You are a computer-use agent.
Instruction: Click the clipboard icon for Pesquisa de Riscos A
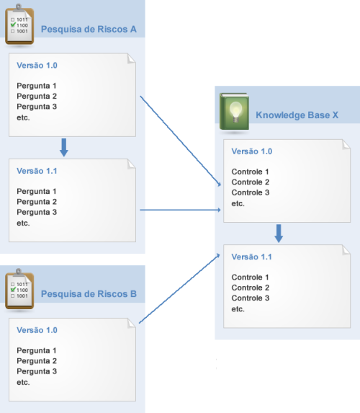pyautogui.click(x=19, y=25)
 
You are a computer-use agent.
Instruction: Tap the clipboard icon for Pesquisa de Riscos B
pyautogui.click(x=19, y=289)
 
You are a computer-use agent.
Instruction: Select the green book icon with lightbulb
pyautogui.click(x=234, y=112)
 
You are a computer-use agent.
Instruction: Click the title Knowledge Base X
pyautogui.click(x=297, y=115)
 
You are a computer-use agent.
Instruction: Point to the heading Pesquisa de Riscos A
pyautogui.click(x=89, y=29)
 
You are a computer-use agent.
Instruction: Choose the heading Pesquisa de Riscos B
pyautogui.click(x=89, y=293)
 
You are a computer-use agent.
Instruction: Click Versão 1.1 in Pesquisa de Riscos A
pyautogui.click(x=37, y=171)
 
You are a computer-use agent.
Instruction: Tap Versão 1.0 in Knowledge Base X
pyautogui.click(x=251, y=151)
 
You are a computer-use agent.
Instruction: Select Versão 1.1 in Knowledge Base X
pyautogui.click(x=251, y=257)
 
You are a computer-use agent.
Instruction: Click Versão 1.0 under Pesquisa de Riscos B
pyautogui.click(x=37, y=330)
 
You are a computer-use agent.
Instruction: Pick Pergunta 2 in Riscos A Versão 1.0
pyautogui.click(x=37, y=97)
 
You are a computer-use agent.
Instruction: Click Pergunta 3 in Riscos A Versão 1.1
pyautogui.click(x=37, y=213)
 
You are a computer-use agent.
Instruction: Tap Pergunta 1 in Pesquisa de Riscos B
pyautogui.click(x=36, y=350)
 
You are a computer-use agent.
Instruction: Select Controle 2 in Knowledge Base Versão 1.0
pyautogui.click(x=251, y=182)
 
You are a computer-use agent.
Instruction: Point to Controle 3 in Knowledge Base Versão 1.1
pyautogui.click(x=251, y=298)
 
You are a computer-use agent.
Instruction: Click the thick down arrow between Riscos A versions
pyautogui.click(x=64, y=148)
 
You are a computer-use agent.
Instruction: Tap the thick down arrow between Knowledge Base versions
pyautogui.click(x=279, y=234)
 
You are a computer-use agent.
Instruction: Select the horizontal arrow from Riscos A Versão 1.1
pyautogui.click(x=180, y=210)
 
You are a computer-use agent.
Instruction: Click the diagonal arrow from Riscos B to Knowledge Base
pyautogui.click(x=179, y=288)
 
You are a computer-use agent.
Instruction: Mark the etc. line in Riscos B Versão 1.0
pyautogui.click(x=23, y=383)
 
